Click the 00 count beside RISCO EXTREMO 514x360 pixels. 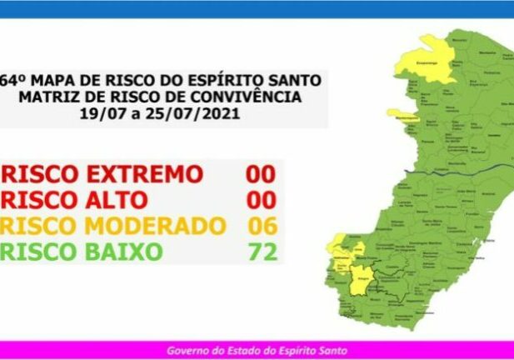[x=261, y=174]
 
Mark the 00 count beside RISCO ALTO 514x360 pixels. [x=261, y=200]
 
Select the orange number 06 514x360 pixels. [x=261, y=226]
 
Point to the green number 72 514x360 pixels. [x=261, y=251]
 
